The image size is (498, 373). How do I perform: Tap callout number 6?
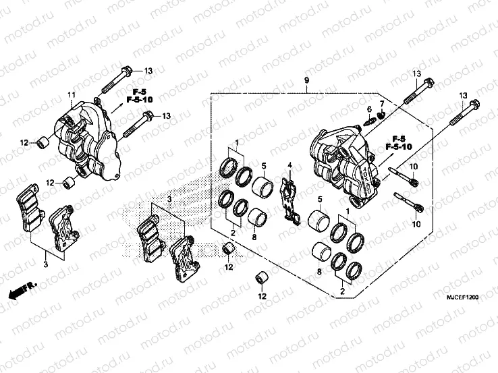369,109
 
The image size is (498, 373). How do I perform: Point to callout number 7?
381,104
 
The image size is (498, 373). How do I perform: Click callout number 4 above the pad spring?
289,165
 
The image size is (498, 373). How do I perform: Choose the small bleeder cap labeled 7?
380,115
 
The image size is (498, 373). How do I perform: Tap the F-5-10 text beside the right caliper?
399,146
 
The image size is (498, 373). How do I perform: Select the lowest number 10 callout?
416,223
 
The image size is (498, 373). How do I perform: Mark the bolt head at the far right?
474,107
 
